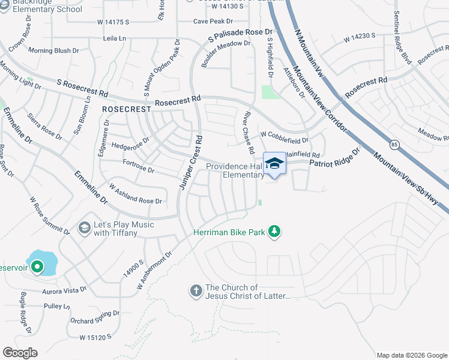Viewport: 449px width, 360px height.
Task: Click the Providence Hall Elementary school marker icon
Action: [x=275, y=164]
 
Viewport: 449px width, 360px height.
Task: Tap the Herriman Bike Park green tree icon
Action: [x=274, y=231]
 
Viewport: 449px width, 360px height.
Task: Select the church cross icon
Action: [x=195, y=292]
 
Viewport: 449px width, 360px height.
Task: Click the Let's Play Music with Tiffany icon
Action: [x=85, y=228]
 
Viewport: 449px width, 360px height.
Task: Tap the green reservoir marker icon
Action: [x=37, y=266]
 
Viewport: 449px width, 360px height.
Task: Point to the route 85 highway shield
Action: [x=394, y=144]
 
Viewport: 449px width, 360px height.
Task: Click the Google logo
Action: [x=20, y=352]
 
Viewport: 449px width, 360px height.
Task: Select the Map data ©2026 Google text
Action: [x=411, y=355]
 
